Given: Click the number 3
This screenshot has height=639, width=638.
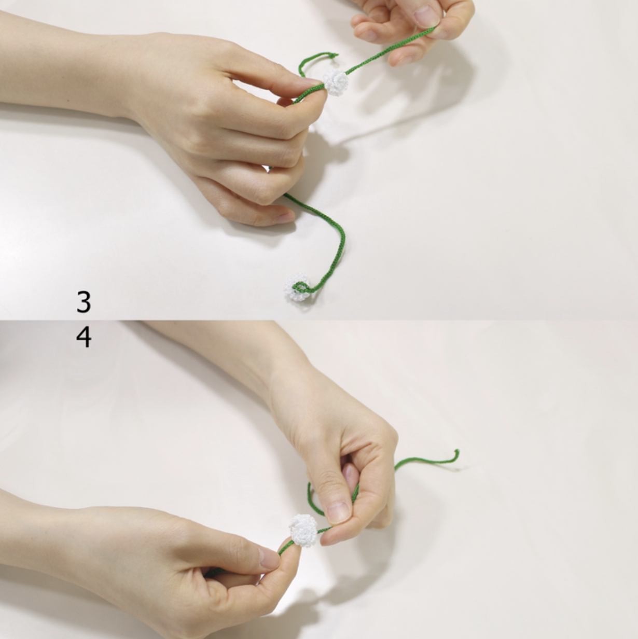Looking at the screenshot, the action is pos(84,302).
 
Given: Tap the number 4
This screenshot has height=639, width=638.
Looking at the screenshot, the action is pos(84,338).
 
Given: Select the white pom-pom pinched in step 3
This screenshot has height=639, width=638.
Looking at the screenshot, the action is pos(337,83).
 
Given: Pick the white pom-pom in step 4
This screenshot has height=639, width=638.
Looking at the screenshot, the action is pos(304,530).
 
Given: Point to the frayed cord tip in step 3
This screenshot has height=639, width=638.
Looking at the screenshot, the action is pos(335,55).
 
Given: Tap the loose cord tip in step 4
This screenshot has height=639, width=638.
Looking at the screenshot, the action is pos(456,452).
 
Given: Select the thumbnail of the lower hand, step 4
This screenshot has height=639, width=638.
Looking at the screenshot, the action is pos(269,558).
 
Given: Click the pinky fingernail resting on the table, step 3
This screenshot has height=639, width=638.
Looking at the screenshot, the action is pos(285,218).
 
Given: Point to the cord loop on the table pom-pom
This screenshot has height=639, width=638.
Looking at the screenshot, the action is pos(301,288).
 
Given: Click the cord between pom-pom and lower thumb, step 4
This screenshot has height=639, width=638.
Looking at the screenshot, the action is pos(286,547).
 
